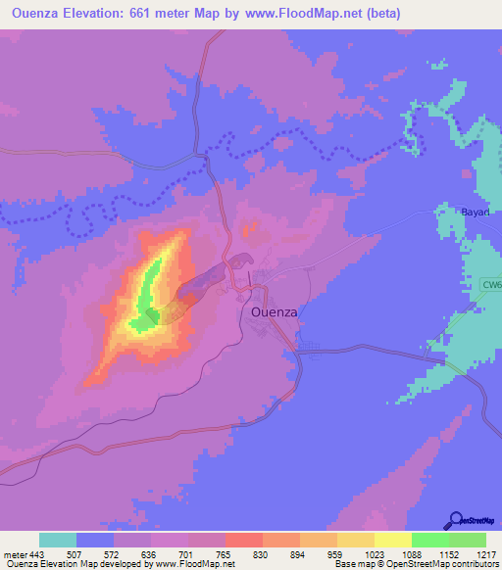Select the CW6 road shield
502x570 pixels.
point(491,285)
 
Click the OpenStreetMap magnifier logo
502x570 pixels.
point(456,520)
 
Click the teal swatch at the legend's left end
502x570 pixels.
point(58,540)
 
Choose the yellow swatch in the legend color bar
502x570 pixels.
point(391,540)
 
